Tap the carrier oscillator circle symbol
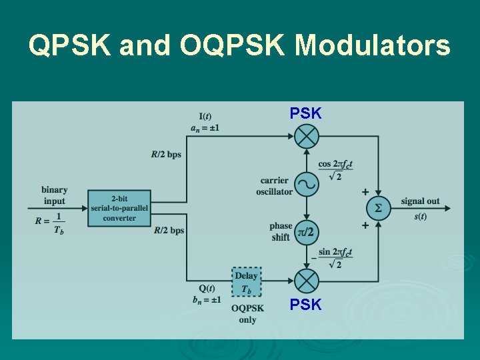tap(306, 183)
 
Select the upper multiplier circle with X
tap(306, 137)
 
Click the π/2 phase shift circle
tap(306, 231)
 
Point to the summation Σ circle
tap(378, 208)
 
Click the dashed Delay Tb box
tap(246, 282)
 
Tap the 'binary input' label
tap(54, 195)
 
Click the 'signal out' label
tap(420, 201)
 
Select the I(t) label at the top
tap(205, 117)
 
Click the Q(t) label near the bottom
tap(207, 289)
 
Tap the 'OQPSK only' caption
tap(247, 313)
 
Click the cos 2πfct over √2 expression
tap(335, 170)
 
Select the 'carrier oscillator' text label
tap(274, 186)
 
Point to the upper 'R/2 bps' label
tap(166, 155)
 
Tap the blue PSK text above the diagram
tap(305, 113)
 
